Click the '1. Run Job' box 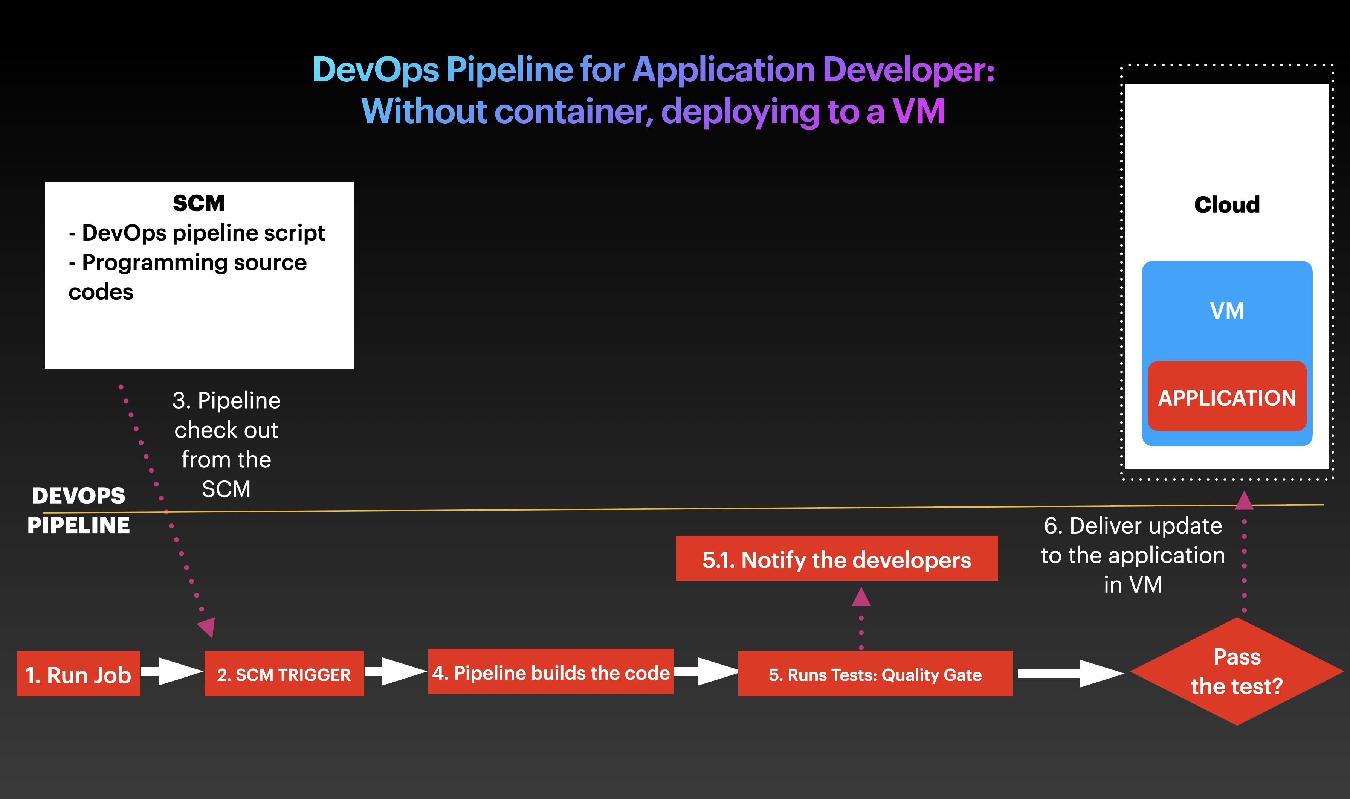78,674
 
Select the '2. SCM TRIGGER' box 284,674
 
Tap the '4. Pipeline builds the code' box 550,672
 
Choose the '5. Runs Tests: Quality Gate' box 875,674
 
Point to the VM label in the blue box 1227,311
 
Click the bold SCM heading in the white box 199,203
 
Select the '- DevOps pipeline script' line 197,233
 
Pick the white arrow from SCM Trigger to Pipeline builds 396,671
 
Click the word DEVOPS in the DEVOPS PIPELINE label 79,496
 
